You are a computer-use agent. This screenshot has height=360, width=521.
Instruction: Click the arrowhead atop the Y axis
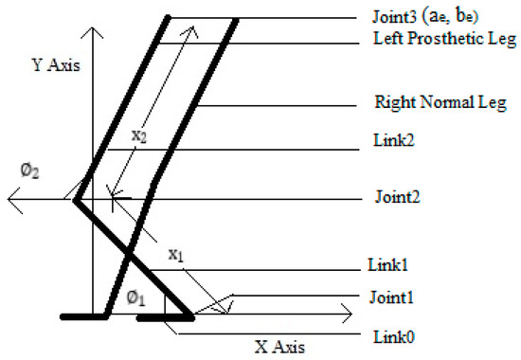point(91,30)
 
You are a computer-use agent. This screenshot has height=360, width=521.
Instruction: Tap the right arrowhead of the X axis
point(343,310)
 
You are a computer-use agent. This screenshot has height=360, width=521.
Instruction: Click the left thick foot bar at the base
point(90,316)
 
